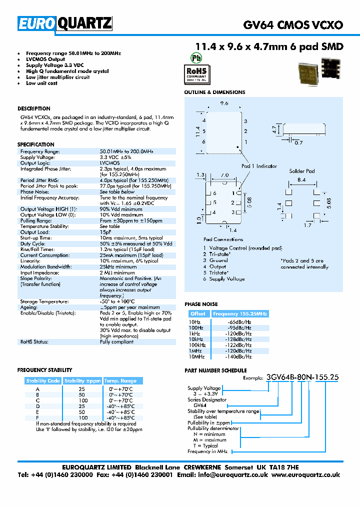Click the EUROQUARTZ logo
click(x=65, y=24)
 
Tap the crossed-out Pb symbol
click(x=198, y=57)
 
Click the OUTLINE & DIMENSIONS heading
click(x=214, y=92)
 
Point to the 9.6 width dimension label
click(x=224, y=103)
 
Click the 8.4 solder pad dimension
click(x=301, y=179)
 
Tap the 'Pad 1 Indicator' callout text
click(x=259, y=166)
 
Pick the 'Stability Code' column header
click(x=43, y=381)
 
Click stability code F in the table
click(x=37, y=417)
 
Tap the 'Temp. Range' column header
click(x=120, y=381)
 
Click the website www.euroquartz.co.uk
click(x=306, y=475)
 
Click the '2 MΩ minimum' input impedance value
click(x=117, y=272)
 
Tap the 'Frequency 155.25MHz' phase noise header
click(x=240, y=314)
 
